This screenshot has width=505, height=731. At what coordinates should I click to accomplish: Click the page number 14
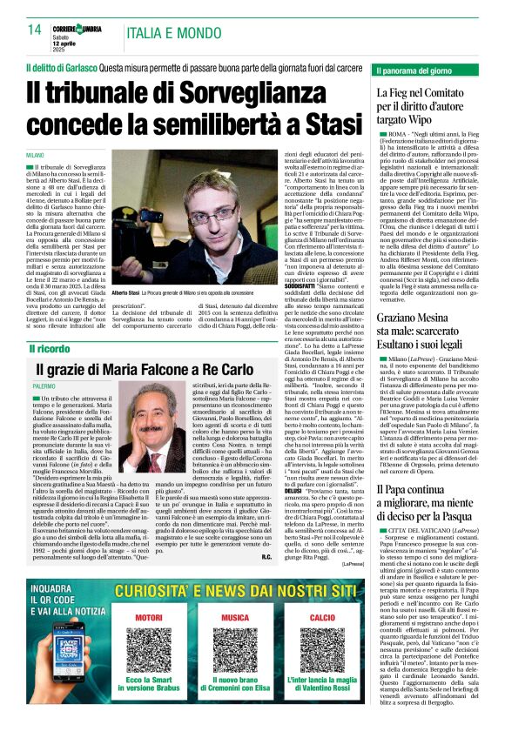click(34, 30)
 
